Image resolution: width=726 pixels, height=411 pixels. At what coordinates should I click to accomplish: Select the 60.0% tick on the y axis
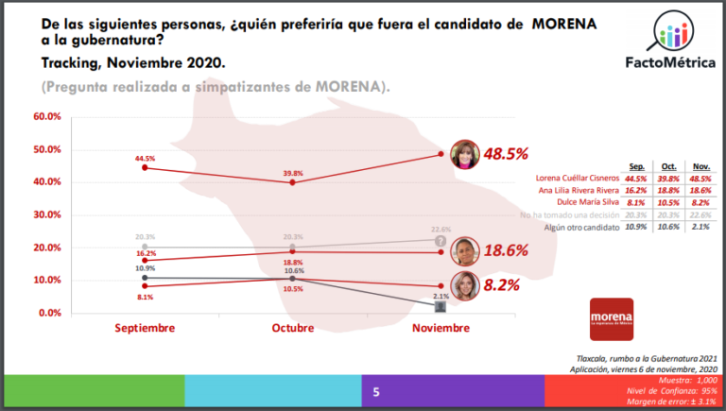tap(47, 117)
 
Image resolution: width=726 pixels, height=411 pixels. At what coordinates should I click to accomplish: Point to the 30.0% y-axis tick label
tap(47, 214)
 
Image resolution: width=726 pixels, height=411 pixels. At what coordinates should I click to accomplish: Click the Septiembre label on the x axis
tap(145, 328)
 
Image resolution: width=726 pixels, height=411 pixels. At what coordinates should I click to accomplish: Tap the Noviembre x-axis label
tap(441, 328)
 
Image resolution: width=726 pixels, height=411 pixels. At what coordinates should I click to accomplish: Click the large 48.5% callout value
tap(505, 153)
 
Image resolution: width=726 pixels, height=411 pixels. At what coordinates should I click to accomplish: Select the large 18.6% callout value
tap(505, 250)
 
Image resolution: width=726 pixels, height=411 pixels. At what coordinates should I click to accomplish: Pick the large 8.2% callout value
tap(500, 283)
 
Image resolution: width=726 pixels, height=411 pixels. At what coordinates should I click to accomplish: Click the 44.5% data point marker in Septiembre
tap(144, 167)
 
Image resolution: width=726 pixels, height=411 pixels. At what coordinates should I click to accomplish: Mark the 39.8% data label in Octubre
tap(292, 173)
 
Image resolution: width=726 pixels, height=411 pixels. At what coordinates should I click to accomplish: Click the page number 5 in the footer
tap(376, 391)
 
